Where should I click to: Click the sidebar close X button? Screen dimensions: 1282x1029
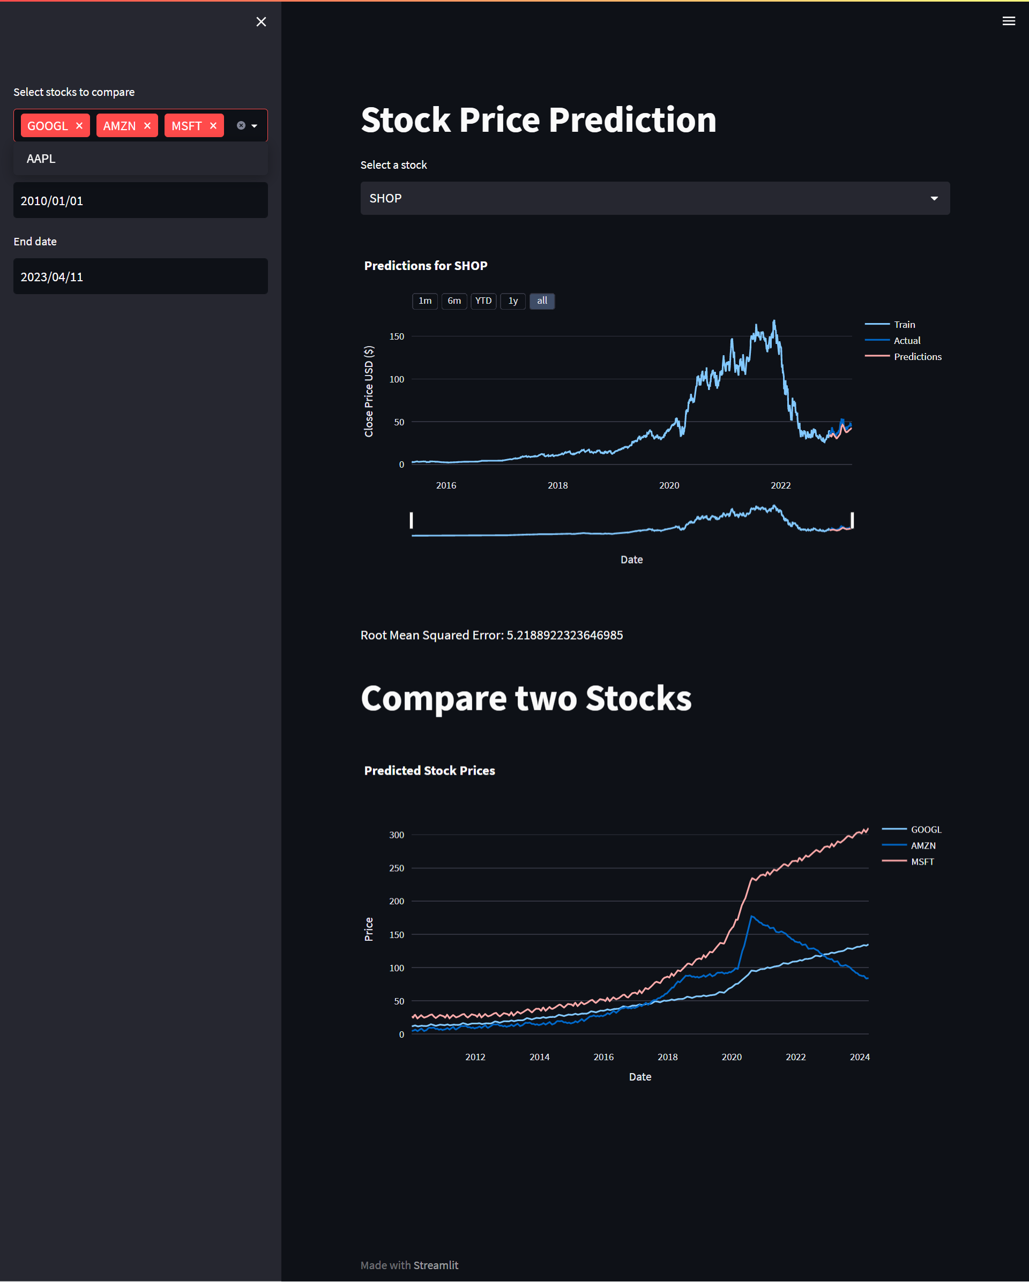pyautogui.click(x=261, y=22)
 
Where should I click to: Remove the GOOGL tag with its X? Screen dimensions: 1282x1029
pyautogui.click(x=79, y=125)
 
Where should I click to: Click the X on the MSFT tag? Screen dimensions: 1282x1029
pyautogui.click(x=213, y=125)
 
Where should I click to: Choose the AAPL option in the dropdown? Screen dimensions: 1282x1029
pyautogui.click(x=41, y=159)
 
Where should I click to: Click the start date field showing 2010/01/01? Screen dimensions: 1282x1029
pyautogui.click(x=140, y=201)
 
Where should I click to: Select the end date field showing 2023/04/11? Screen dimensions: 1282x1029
pyautogui.click(x=140, y=276)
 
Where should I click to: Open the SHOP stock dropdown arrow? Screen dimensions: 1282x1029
pyautogui.click(x=934, y=199)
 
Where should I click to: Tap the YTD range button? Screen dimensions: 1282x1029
pyautogui.click(x=483, y=301)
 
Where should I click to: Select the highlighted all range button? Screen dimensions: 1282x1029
pyautogui.click(x=542, y=301)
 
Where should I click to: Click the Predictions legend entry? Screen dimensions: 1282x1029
pyautogui.click(x=917, y=357)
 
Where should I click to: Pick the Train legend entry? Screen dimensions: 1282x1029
pyautogui.click(x=904, y=325)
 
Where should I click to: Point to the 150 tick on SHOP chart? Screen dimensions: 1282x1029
pyautogui.click(x=397, y=336)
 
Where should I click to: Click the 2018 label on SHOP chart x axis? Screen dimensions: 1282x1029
pyautogui.click(x=557, y=486)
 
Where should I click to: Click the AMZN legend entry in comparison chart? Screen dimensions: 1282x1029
pyautogui.click(x=922, y=845)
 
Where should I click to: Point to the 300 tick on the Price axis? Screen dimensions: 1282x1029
pyautogui.click(x=397, y=835)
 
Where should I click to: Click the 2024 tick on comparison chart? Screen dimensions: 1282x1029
pyautogui.click(x=860, y=1057)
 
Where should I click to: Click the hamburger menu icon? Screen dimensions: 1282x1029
pyautogui.click(x=1008, y=21)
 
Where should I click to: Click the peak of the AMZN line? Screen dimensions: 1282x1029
pyautogui.click(x=752, y=916)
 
